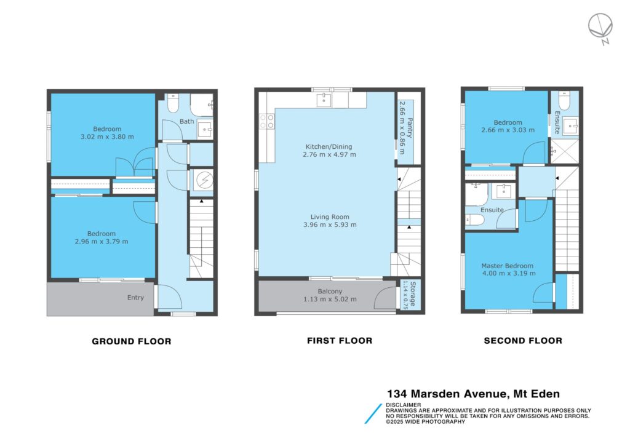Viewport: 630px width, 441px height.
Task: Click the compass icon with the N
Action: point(600,27)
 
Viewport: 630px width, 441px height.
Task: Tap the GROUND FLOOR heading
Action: point(132,341)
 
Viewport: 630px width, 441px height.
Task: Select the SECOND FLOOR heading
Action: point(523,341)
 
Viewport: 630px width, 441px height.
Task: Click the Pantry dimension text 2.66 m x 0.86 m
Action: point(402,127)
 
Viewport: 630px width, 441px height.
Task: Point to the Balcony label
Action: point(330,291)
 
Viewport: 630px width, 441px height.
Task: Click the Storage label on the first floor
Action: point(412,295)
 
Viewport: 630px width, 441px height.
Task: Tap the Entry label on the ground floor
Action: point(135,298)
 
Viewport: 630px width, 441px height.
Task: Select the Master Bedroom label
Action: point(508,266)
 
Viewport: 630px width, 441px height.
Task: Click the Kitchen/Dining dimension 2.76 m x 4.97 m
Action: point(330,154)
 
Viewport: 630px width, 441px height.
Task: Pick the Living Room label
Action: point(330,217)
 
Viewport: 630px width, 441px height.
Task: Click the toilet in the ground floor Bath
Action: point(173,103)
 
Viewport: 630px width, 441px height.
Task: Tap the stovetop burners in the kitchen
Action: point(267,121)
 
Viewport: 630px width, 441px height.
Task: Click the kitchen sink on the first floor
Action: point(324,100)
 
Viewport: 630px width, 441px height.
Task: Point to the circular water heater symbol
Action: point(204,180)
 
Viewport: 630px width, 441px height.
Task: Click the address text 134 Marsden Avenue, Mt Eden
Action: point(473,394)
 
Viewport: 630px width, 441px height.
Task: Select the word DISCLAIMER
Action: point(404,405)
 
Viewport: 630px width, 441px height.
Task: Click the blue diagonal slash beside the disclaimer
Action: point(373,414)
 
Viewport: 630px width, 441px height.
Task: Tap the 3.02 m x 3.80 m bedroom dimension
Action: point(107,137)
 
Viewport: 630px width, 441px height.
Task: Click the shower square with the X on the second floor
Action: point(565,151)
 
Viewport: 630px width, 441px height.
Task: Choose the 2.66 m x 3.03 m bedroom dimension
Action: point(508,130)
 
